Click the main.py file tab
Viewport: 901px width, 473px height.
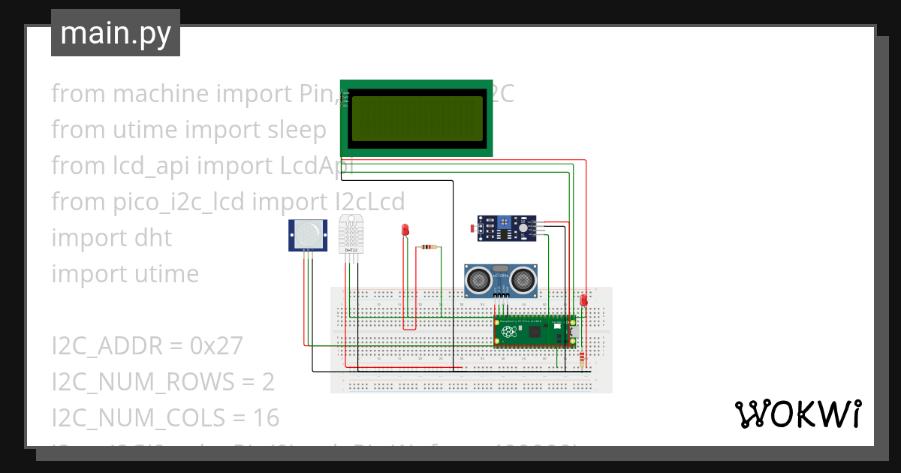[115, 33]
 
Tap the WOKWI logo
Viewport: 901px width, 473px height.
[797, 414]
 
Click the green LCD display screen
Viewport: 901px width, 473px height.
[416, 119]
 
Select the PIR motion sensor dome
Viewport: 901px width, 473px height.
[308, 233]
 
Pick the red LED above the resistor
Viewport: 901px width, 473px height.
[405, 229]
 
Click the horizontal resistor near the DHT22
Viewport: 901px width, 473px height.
[428, 247]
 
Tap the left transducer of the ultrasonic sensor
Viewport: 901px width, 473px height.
[478, 281]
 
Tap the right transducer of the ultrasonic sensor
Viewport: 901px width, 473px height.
[523, 281]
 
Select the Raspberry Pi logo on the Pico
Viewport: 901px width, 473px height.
[510, 333]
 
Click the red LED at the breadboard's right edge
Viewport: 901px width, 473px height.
[583, 300]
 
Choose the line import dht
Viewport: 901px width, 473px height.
[111, 238]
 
